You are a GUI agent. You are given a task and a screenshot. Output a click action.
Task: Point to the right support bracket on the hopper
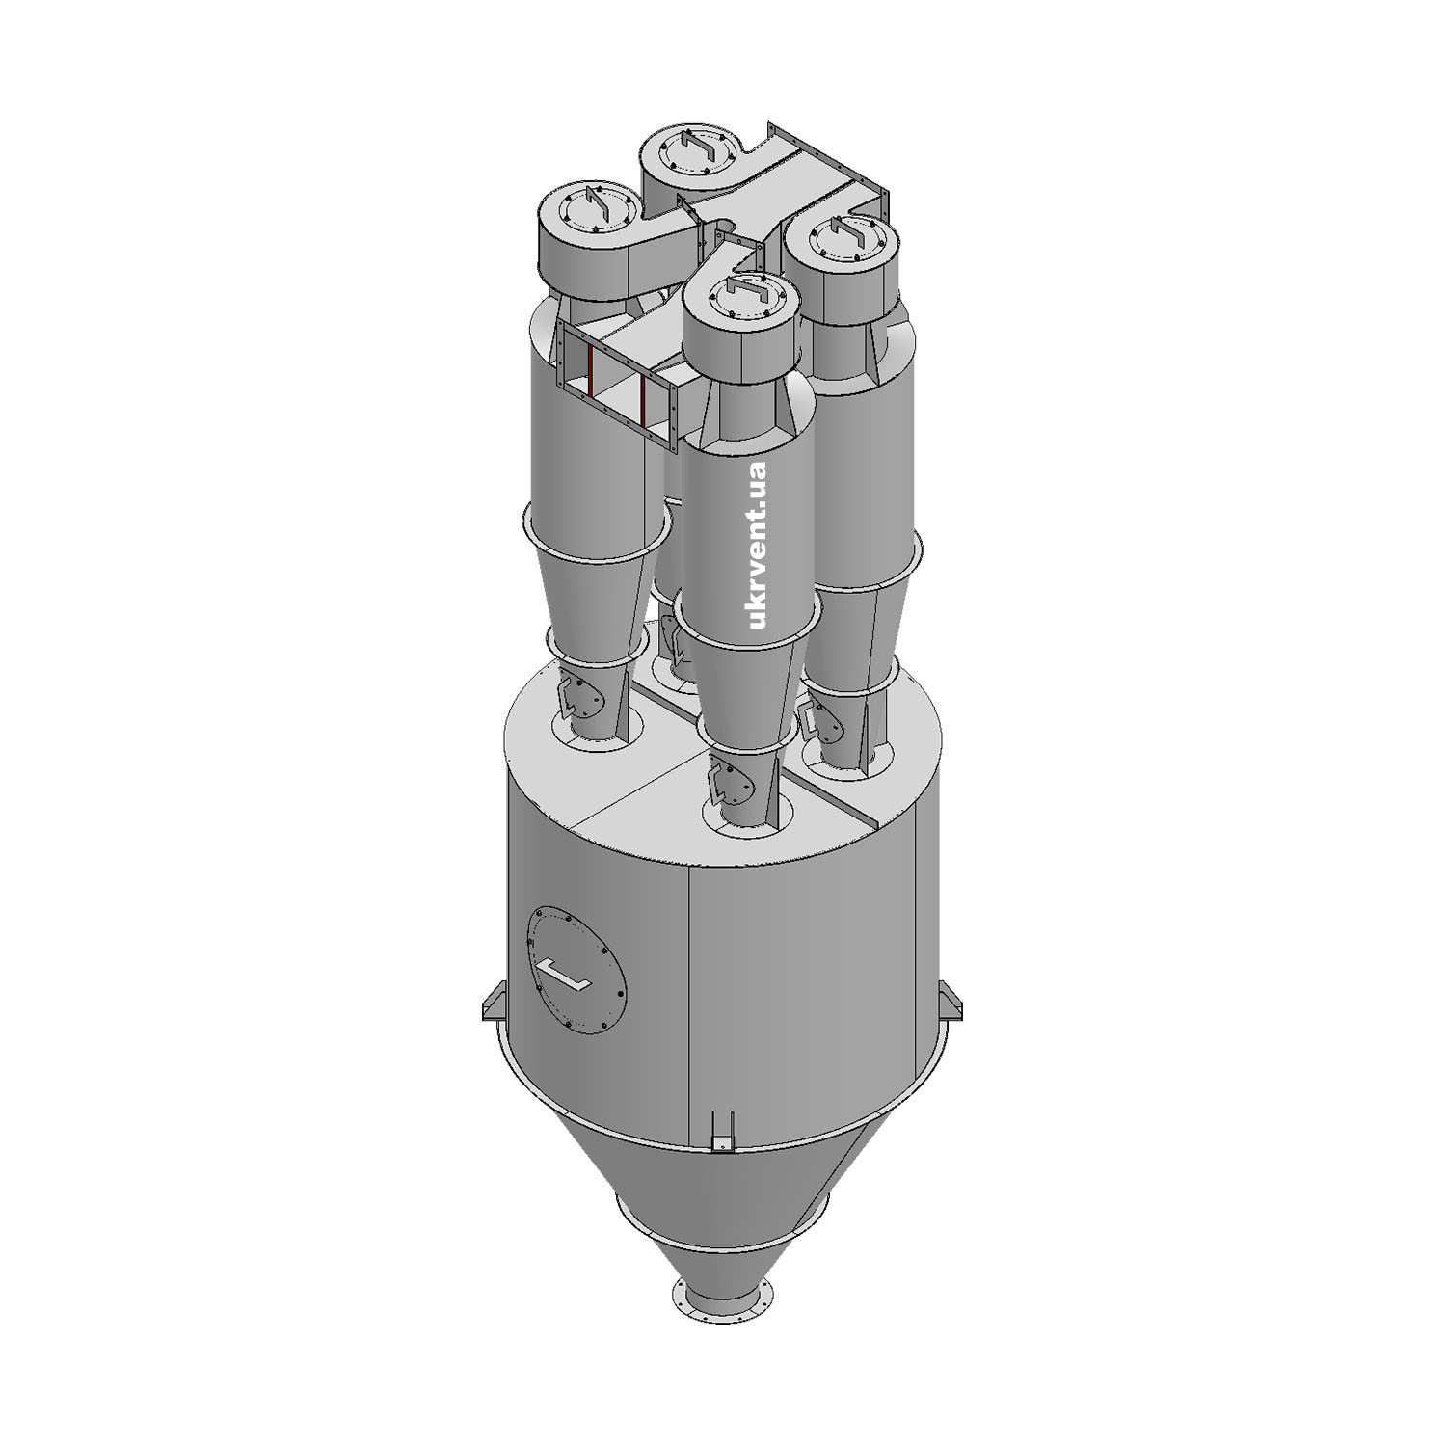[951, 1000]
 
